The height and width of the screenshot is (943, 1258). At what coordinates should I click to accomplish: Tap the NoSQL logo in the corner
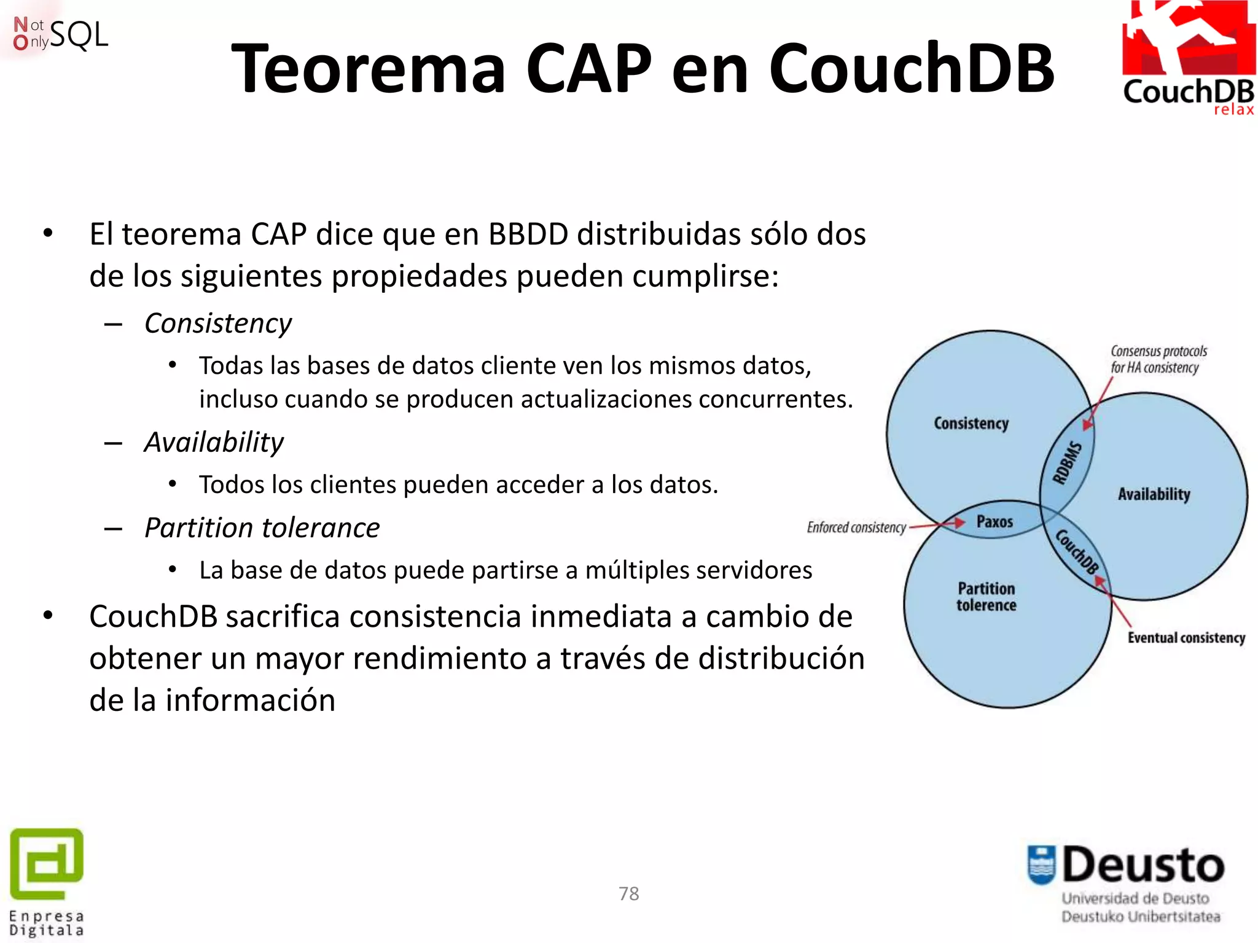(x=60, y=34)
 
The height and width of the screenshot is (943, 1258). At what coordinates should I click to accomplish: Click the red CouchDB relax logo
(x=1189, y=58)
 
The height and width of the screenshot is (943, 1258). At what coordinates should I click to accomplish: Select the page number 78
(x=628, y=893)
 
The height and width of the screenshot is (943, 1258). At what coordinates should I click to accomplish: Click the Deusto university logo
(x=1126, y=882)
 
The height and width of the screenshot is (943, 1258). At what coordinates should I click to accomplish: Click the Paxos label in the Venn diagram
(x=994, y=522)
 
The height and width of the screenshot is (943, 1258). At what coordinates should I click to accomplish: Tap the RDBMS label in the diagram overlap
(x=1068, y=462)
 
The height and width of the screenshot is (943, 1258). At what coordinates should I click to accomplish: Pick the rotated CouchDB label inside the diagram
(x=1077, y=551)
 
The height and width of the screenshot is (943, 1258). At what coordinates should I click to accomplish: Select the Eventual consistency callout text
(x=1186, y=638)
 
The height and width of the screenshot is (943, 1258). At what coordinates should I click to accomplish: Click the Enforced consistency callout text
(x=856, y=527)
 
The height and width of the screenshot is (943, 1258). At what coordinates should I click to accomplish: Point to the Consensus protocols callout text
(x=1158, y=359)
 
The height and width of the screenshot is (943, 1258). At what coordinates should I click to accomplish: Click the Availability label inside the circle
(x=1154, y=494)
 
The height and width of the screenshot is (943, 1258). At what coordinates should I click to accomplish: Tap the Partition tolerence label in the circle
(x=986, y=597)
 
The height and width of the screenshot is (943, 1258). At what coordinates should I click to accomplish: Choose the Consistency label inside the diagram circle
(x=971, y=424)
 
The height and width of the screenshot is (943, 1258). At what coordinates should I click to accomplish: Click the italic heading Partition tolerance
(x=262, y=528)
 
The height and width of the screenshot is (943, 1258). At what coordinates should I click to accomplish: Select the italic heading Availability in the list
(x=214, y=442)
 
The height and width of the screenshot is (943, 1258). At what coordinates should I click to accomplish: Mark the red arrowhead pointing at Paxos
(x=958, y=523)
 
